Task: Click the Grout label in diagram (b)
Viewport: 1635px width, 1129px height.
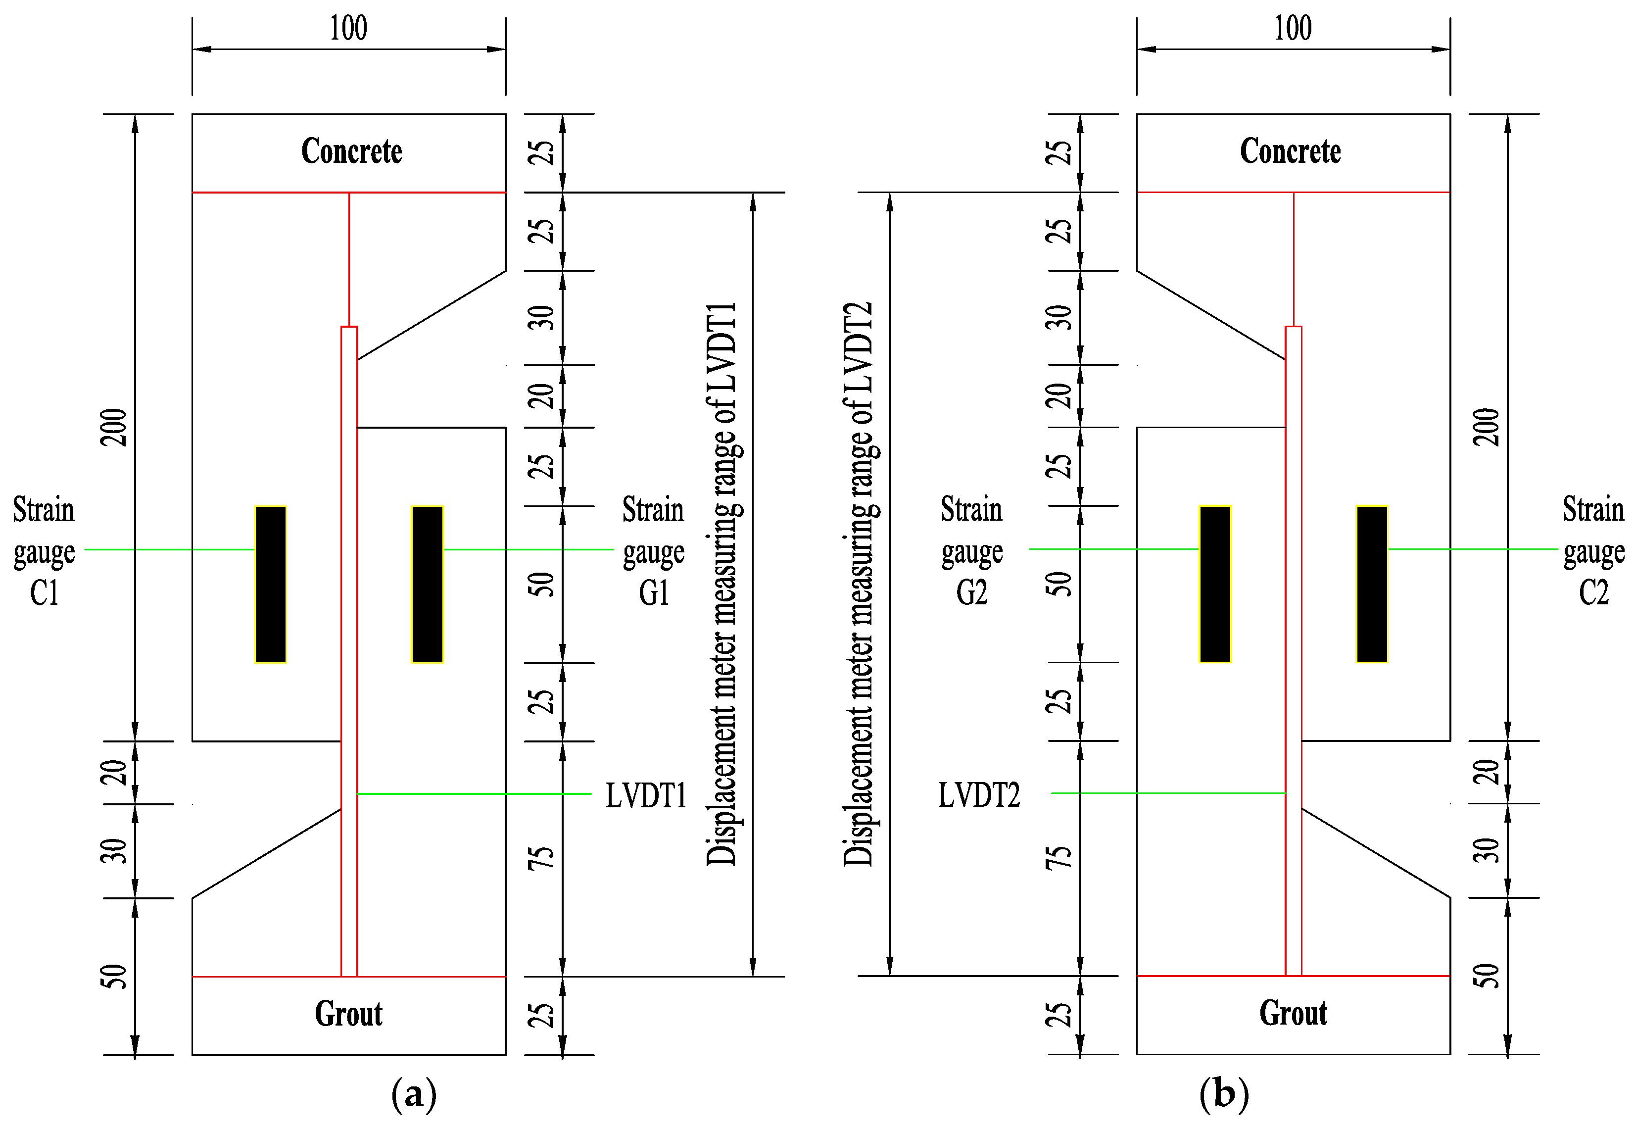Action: coord(1293,1013)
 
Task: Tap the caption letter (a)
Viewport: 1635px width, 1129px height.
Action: coord(414,1094)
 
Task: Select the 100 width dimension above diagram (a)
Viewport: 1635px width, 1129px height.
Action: coord(349,28)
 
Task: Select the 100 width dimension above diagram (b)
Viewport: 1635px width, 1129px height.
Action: coord(1293,28)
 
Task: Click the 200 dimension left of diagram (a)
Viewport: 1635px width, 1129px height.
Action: coord(115,427)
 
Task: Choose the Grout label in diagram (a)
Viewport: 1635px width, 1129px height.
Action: coord(349,1014)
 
